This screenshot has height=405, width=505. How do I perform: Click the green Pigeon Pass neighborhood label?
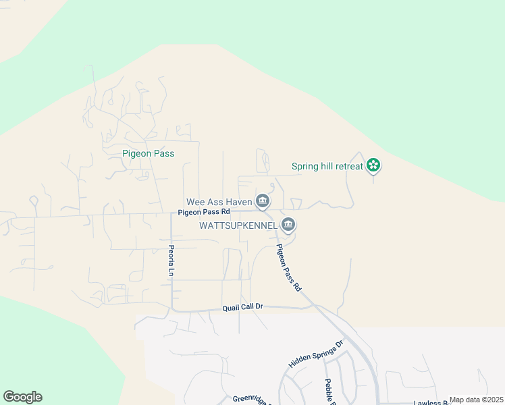tap(148, 154)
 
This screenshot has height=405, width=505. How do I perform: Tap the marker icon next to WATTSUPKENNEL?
tap(288, 224)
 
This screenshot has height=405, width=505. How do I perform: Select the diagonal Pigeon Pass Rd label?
tap(289, 267)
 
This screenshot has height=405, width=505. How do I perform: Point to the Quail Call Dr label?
tap(242, 308)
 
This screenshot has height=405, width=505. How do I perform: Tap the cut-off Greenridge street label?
tap(251, 400)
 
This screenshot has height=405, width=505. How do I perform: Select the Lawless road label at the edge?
tap(431, 402)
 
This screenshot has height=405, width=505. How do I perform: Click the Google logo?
tap(22, 397)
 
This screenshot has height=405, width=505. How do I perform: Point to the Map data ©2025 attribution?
tap(476, 400)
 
